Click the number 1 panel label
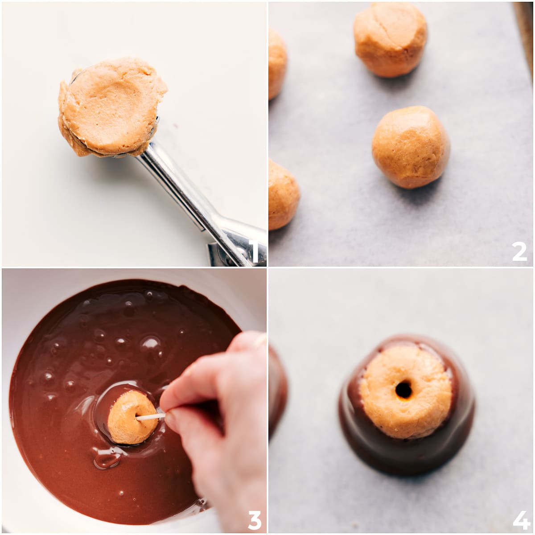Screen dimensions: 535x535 click(253, 252)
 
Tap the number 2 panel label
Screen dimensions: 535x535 click(519, 252)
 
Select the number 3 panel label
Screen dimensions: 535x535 click(254, 520)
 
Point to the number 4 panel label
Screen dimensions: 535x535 click(520, 520)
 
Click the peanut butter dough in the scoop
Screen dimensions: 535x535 click(111, 107)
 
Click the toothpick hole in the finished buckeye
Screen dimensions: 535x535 click(403, 390)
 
